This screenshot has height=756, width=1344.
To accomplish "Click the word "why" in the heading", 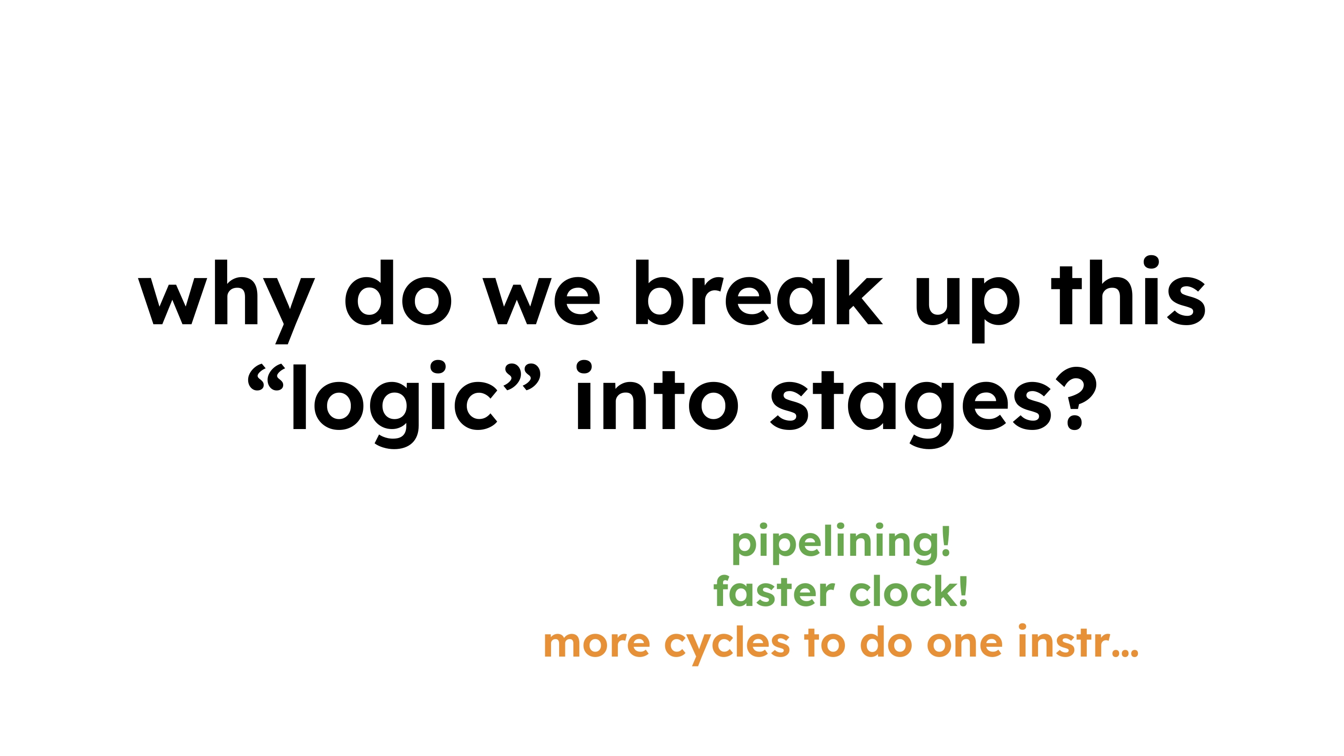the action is [x=226, y=301].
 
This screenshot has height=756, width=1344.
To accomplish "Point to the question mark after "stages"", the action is [x=1075, y=398].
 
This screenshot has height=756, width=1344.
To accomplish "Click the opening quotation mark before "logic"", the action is [x=266, y=377].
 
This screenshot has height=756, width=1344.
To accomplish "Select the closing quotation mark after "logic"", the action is [x=522, y=377].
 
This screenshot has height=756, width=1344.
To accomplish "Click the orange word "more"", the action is [x=596, y=644].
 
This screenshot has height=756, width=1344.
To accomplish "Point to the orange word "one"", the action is [x=964, y=644].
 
